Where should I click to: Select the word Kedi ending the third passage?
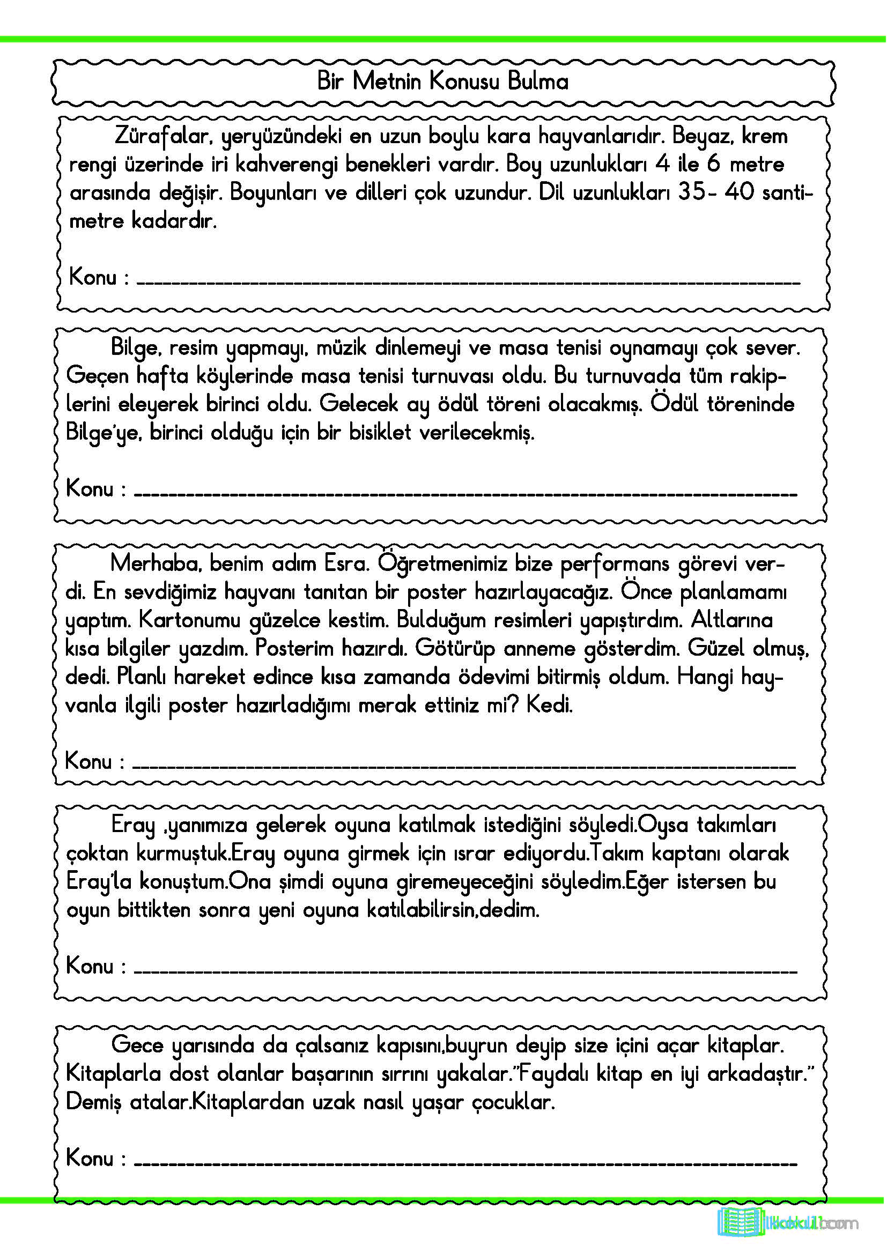pyautogui.click(x=549, y=705)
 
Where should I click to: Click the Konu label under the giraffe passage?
pyautogui.click(x=93, y=278)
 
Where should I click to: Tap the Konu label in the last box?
pyautogui.click(x=90, y=1158)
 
